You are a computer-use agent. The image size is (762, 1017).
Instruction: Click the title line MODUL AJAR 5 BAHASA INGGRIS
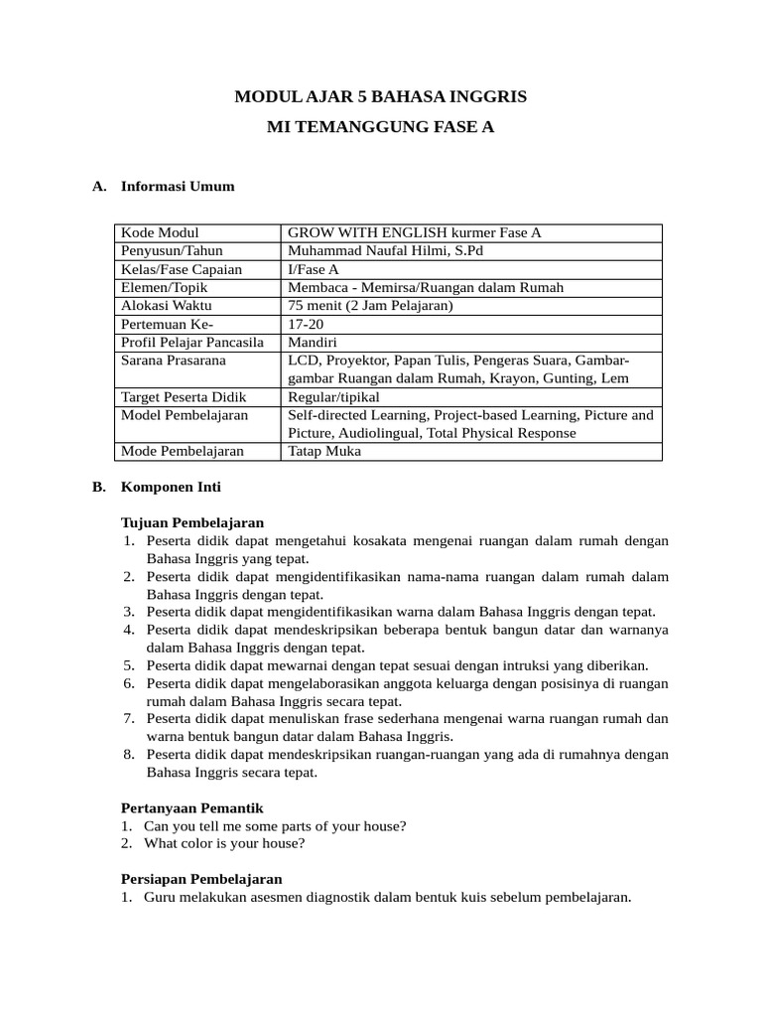click(380, 96)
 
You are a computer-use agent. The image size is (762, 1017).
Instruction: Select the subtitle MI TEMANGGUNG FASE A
click(380, 128)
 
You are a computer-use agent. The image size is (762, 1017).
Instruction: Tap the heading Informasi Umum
click(178, 186)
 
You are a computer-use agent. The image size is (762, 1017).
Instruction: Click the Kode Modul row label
click(160, 232)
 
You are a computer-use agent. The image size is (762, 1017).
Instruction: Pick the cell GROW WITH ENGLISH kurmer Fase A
click(414, 232)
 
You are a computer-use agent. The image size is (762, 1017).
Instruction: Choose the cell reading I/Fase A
click(313, 269)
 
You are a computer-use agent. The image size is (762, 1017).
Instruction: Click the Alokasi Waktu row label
click(166, 306)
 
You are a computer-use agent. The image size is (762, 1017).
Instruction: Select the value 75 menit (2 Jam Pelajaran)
click(370, 306)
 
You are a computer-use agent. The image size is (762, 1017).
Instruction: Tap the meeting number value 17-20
click(305, 324)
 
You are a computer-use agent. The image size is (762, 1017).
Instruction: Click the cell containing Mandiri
click(312, 343)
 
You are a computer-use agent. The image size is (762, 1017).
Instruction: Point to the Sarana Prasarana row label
click(173, 361)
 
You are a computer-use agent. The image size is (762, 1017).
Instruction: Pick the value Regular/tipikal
click(333, 397)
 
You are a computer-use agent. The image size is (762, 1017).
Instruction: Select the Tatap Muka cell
click(324, 452)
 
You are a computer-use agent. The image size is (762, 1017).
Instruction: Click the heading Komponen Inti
click(171, 488)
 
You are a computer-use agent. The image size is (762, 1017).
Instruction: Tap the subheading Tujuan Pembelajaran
click(191, 522)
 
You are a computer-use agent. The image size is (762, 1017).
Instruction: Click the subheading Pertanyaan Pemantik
click(191, 808)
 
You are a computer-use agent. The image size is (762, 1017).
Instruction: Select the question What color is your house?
click(224, 844)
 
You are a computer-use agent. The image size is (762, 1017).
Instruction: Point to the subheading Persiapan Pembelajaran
click(200, 879)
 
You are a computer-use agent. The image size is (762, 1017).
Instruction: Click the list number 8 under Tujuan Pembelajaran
click(129, 755)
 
